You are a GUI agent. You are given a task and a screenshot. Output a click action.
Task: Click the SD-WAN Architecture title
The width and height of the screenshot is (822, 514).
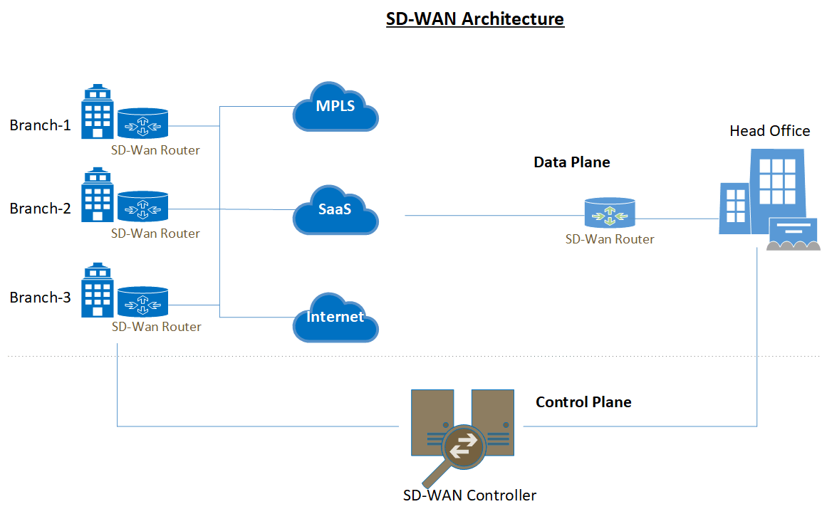coord(475,19)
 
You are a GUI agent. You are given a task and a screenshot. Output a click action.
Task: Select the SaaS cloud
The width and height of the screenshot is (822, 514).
coord(335,210)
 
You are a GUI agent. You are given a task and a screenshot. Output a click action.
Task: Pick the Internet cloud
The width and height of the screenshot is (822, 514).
coord(335,317)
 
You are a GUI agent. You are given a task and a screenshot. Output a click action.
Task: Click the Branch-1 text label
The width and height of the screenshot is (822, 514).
coord(40,125)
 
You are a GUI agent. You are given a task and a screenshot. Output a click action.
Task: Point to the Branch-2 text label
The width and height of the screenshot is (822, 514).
coord(40,209)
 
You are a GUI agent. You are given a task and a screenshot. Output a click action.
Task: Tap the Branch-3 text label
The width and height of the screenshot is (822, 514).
coord(40,298)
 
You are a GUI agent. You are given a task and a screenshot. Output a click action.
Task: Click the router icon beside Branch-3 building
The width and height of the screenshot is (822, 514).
coord(142,303)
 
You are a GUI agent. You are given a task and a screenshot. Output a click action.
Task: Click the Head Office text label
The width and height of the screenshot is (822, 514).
coord(769,131)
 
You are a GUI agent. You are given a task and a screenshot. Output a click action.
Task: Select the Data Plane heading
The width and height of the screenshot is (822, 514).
coord(571,162)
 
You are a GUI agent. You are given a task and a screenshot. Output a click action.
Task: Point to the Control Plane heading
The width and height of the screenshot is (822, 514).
coord(583,402)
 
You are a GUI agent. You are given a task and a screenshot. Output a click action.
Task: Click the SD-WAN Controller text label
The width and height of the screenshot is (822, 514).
coord(469,495)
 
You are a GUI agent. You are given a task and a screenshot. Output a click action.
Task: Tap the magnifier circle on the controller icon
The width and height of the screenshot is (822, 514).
coord(462,446)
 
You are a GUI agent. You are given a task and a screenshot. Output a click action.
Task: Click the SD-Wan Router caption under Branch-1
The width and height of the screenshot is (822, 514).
coord(155,150)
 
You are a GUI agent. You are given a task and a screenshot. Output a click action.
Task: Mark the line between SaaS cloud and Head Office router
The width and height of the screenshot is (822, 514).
coord(491,216)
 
